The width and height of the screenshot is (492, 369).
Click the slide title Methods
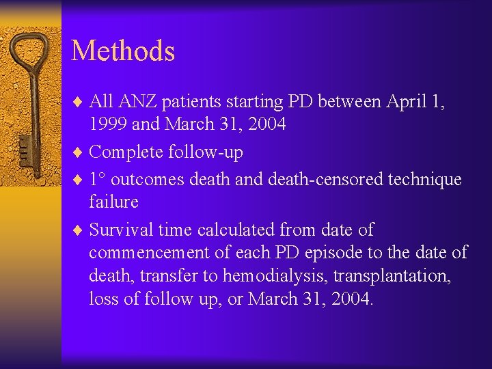[x=123, y=51]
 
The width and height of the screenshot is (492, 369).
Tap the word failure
[x=113, y=202]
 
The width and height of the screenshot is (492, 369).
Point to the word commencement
[x=149, y=253]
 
